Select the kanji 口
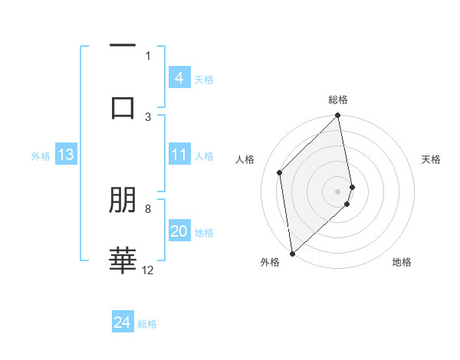point(123,106)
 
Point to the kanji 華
point(123,259)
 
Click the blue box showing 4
point(179,78)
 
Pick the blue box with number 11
point(179,155)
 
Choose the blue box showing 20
point(179,231)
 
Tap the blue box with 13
point(66,155)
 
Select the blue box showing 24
point(123,322)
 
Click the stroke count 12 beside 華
point(148,270)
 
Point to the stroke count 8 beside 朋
point(148,208)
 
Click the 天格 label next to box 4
point(204,79)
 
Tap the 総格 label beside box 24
point(147,324)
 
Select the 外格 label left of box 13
point(41,155)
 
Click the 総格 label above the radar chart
point(338,100)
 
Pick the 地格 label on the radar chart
point(402,262)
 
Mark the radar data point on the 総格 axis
point(338,116)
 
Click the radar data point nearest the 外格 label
point(292,253)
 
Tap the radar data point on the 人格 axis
point(280,172)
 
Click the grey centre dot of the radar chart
point(338,191)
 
